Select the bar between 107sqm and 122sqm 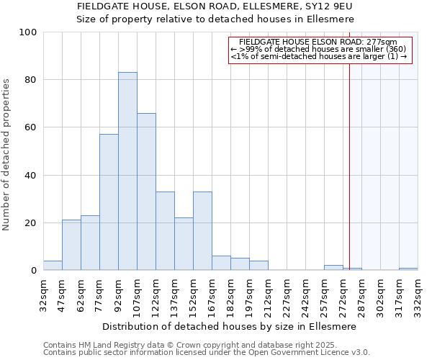click(x=146, y=192)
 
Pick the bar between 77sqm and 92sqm click(x=109, y=202)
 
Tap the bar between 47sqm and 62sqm click(x=71, y=245)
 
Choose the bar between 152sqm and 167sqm click(x=202, y=230)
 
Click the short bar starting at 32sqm click(x=53, y=266)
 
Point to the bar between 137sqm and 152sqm click(x=184, y=244)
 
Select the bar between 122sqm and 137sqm click(x=165, y=230)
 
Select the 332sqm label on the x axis click(x=418, y=294)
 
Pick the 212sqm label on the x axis click(x=268, y=294)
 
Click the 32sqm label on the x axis click(x=43, y=294)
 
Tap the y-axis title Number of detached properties click(x=8, y=155)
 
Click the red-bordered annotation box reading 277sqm click(x=320, y=50)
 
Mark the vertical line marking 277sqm click(x=349, y=166)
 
